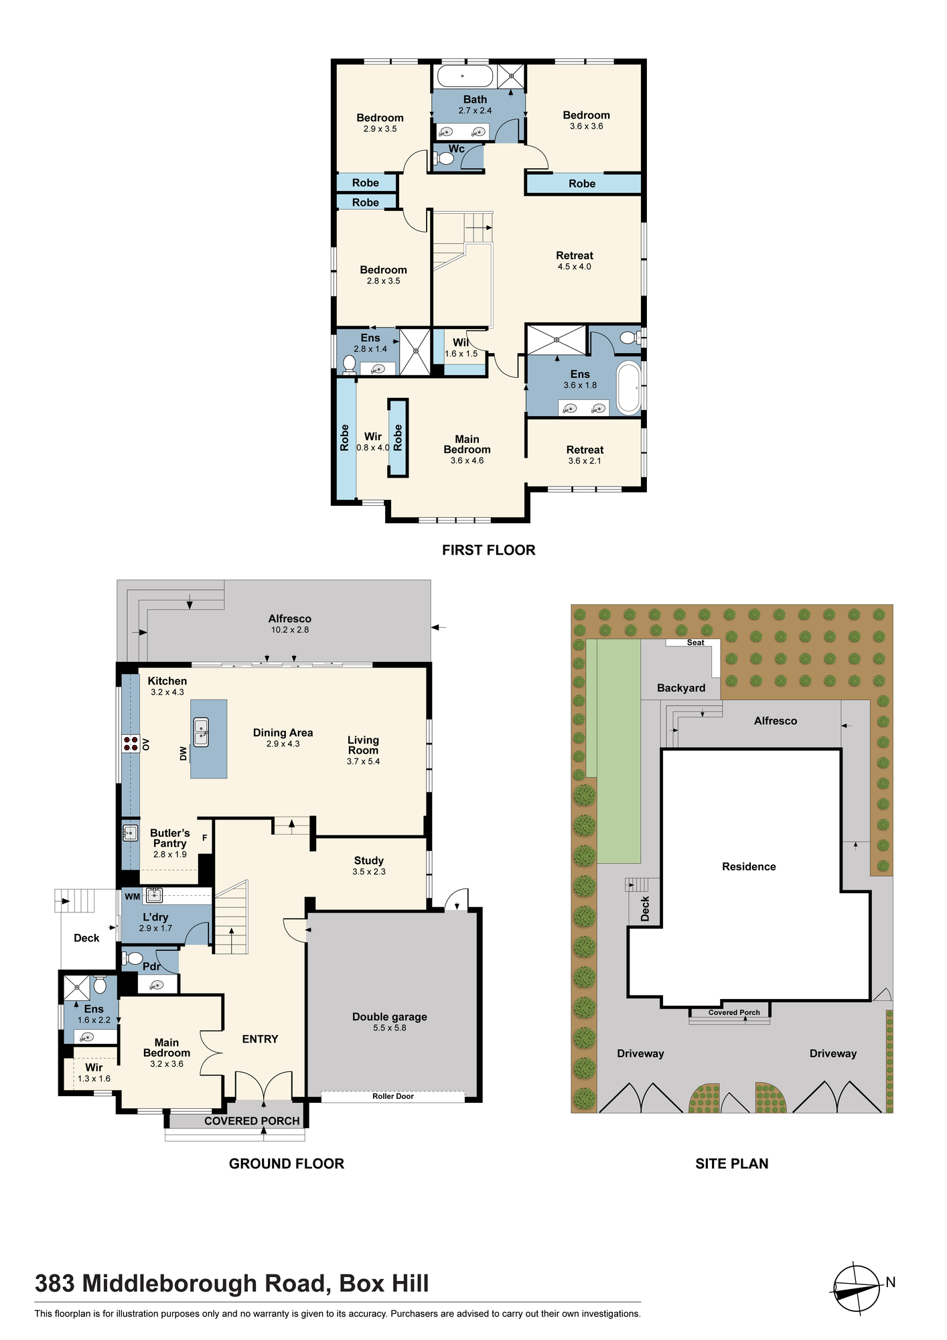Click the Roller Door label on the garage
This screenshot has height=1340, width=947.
(x=393, y=1096)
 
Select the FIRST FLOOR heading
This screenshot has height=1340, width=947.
(x=489, y=550)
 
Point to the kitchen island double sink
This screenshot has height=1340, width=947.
(x=202, y=732)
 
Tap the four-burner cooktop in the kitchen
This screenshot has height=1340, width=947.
(x=131, y=744)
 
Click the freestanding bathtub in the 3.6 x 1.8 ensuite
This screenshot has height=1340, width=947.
(x=629, y=388)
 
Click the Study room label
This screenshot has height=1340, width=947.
(x=369, y=860)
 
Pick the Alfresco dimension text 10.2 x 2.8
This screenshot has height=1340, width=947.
(x=290, y=630)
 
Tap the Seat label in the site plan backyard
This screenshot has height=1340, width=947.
(x=696, y=643)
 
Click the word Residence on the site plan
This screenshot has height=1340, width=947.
(x=749, y=866)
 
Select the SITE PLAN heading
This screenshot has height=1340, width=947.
(x=732, y=1164)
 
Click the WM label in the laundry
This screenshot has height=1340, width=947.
(x=133, y=896)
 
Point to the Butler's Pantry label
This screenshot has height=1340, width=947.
(x=170, y=838)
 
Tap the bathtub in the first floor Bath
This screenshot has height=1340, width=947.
(x=465, y=76)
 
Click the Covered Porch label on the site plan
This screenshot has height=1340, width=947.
(x=734, y=1012)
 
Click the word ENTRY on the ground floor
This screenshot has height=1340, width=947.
(x=260, y=1039)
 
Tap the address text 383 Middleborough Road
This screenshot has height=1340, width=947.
(x=181, y=1284)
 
